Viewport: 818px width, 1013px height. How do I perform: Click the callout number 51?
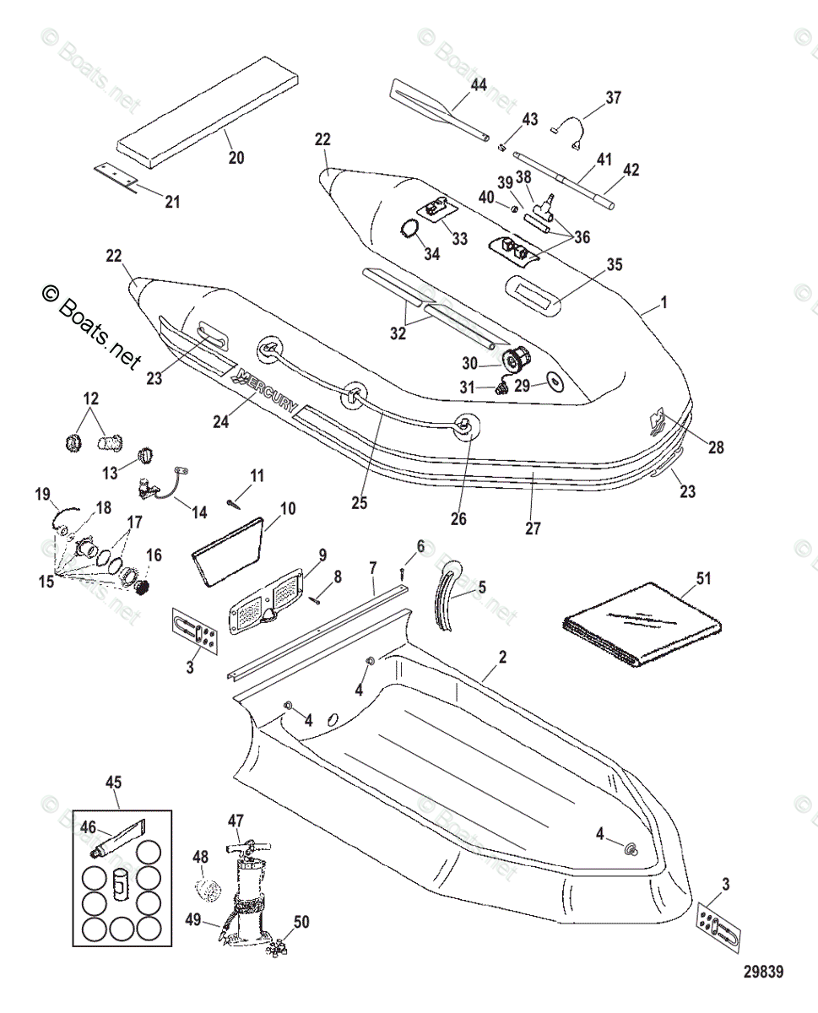tap(704, 578)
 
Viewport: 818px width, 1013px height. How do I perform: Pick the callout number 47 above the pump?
tap(236, 820)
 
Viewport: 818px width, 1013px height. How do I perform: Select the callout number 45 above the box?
tap(113, 782)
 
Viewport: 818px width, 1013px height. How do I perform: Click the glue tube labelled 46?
tap(118, 839)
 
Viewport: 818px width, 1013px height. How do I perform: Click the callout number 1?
tap(664, 301)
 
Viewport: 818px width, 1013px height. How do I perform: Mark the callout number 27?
tap(532, 528)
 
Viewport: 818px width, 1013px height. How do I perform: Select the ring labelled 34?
tap(409, 230)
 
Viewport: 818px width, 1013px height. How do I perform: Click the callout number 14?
tap(199, 512)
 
